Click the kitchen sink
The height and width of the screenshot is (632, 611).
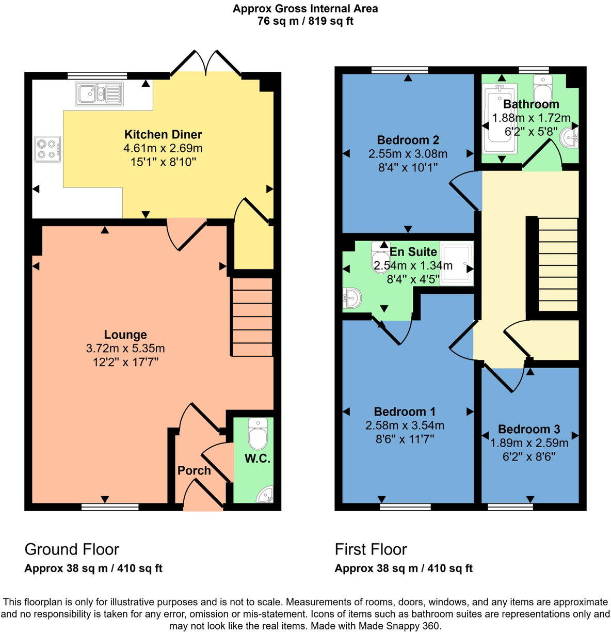click(100, 93)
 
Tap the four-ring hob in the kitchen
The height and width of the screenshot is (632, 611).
click(47, 149)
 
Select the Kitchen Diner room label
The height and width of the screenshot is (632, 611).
click(163, 134)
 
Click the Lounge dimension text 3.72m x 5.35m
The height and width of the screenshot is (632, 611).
click(125, 348)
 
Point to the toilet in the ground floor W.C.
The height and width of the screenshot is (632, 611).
click(258, 433)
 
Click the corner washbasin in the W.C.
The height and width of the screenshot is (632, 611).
click(266, 494)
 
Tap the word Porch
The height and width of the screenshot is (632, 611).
click(194, 470)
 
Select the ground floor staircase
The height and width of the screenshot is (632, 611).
click(252, 318)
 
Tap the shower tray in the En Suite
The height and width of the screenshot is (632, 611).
click(457, 263)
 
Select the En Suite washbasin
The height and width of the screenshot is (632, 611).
click(352, 297)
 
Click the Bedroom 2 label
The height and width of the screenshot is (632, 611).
click(408, 140)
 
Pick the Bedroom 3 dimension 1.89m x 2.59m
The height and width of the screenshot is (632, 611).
click(529, 443)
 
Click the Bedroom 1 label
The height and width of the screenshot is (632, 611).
click(405, 412)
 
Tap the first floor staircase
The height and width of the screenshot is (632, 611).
click(558, 264)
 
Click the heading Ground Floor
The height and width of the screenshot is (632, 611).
click(72, 549)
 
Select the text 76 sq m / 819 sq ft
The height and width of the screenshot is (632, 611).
click(305, 21)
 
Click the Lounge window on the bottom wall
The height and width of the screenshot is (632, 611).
click(110, 507)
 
